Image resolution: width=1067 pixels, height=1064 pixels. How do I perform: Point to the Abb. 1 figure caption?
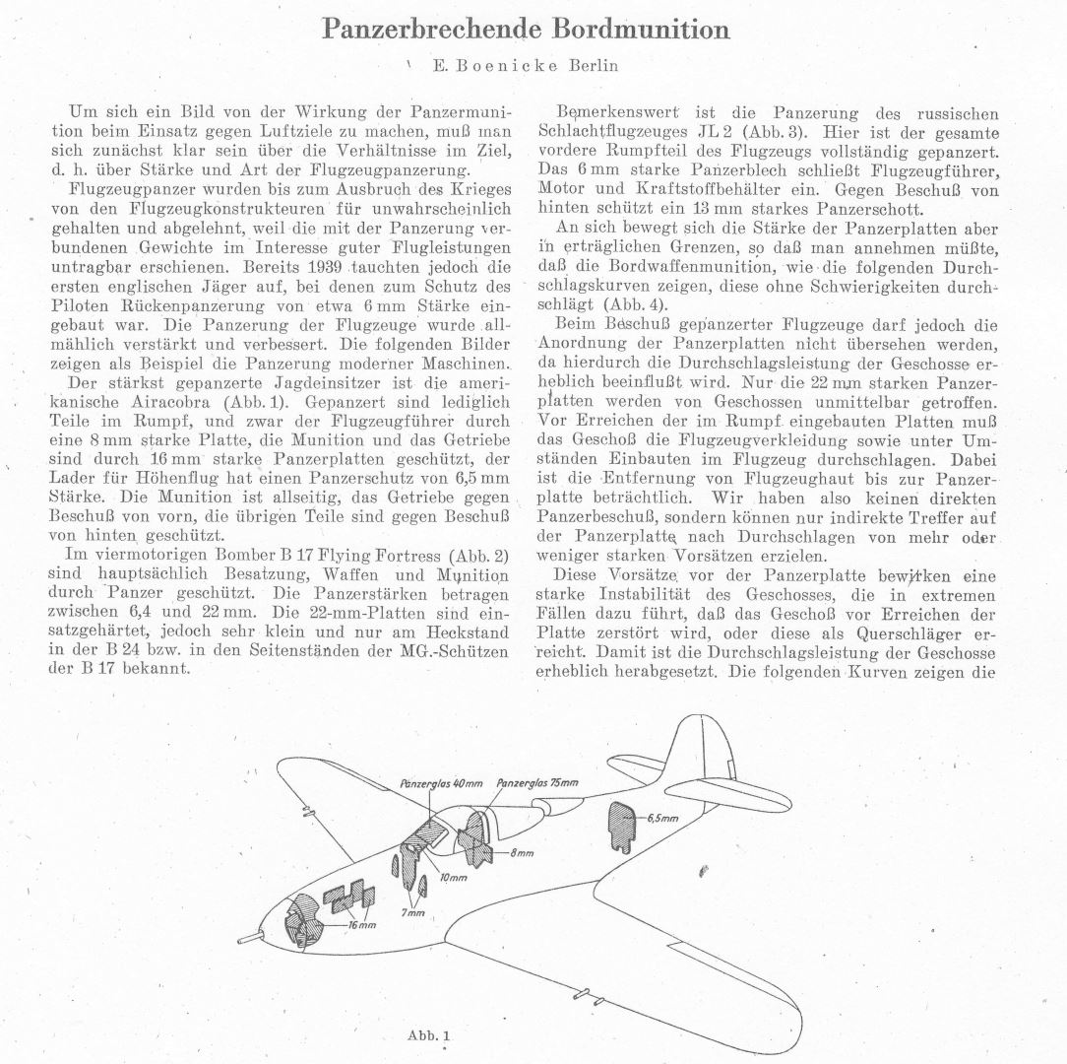click(x=427, y=1035)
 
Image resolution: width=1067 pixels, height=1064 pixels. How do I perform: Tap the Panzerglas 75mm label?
click(x=537, y=783)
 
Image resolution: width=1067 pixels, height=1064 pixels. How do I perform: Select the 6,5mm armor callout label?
click(x=662, y=819)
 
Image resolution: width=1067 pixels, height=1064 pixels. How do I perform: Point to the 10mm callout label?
click(x=454, y=876)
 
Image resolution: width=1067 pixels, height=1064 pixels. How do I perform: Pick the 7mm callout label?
click(x=410, y=912)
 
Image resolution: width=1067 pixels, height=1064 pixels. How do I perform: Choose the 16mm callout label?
click(x=363, y=925)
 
